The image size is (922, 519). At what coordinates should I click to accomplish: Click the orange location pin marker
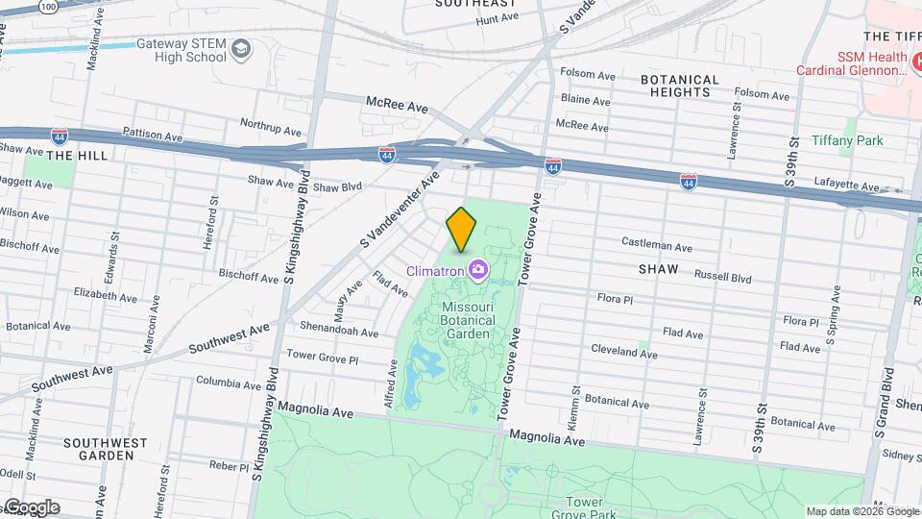(461, 229)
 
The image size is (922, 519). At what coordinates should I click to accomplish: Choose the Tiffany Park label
(846, 140)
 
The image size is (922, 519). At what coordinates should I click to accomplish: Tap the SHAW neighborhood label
(658, 270)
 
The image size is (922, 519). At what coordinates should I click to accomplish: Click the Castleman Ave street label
(657, 242)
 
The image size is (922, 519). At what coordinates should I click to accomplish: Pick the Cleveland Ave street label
(623, 352)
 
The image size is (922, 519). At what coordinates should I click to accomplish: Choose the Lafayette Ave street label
(844, 186)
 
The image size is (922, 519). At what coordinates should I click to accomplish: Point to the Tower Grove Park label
(590, 507)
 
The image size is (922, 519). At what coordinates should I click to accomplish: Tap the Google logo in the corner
(32, 507)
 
